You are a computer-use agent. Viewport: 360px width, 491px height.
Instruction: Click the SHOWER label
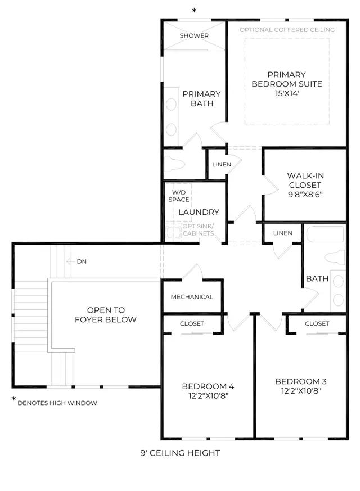pos(194,35)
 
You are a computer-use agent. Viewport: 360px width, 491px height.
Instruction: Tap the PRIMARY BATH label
pos(202,98)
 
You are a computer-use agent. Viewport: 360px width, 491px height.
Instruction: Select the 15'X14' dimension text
pos(287,93)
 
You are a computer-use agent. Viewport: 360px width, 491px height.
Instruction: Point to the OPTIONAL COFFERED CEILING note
pos(287,30)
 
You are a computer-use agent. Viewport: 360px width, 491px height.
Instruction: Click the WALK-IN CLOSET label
pos(305,181)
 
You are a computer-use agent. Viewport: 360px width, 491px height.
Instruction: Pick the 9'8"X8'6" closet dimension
pos(305,195)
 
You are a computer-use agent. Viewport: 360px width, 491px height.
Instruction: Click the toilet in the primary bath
pos(175,164)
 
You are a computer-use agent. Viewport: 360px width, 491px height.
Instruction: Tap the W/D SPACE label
pos(179,196)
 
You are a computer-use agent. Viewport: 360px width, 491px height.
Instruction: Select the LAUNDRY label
pos(199,212)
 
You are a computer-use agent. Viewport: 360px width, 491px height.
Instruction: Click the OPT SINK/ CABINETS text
pos(199,230)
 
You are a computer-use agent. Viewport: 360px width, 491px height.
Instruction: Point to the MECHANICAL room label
pos(192,297)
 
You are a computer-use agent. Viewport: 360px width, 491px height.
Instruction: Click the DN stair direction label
pos(82,262)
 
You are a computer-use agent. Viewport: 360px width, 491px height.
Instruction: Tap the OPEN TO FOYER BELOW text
pos(106,315)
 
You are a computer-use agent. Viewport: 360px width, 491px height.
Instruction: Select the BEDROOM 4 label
pos(208,386)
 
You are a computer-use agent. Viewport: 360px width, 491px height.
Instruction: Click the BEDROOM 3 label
pos(301,381)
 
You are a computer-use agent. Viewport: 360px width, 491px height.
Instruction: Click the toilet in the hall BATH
pos(335,258)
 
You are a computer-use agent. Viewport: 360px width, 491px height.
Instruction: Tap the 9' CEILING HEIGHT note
pos(181,453)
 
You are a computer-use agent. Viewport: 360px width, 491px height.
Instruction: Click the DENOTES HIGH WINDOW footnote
pos(57,403)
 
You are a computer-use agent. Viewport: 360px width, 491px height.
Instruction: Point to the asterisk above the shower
pos(194,11)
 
